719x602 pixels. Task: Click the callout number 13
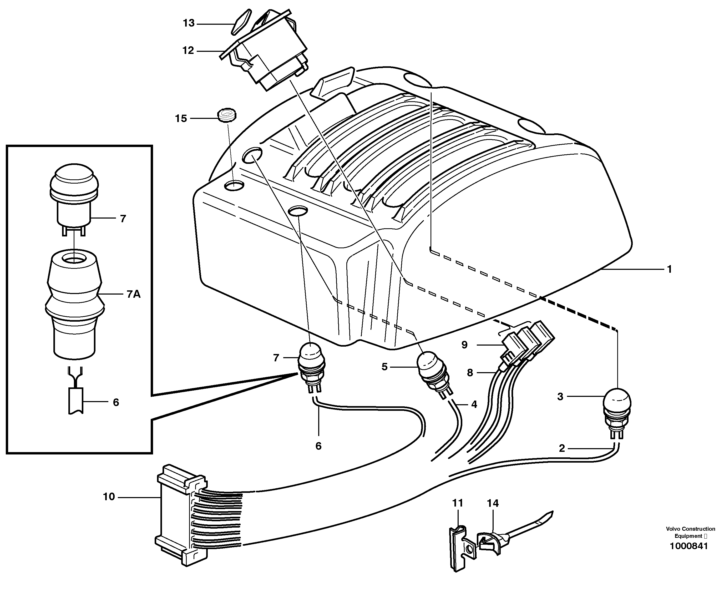189,23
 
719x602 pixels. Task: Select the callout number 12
188,51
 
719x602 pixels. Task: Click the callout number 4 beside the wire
474,404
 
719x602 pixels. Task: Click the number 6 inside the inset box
116,402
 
